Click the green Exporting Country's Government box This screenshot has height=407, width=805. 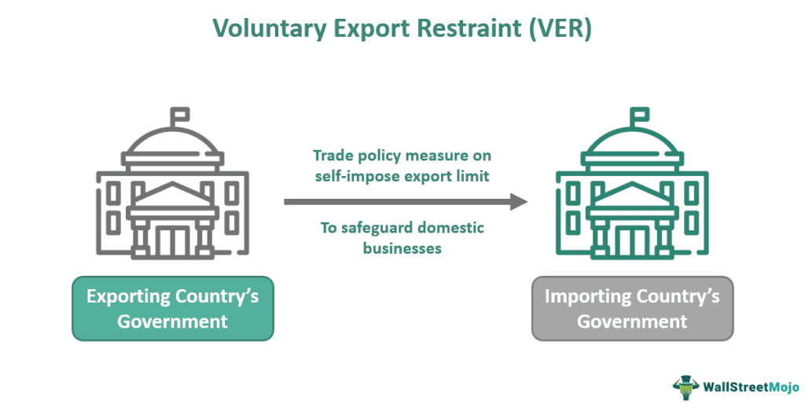(173, 308)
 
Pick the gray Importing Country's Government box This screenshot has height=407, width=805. (632, 308)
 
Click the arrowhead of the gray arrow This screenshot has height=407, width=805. (519, 202)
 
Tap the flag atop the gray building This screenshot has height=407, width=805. (180, 115)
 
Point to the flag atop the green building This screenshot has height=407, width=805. (640, 115)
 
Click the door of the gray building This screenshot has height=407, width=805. (173, 236)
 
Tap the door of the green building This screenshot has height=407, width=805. (633, 236)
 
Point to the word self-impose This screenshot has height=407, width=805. (353, 176)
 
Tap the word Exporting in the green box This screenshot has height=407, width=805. (127, 296)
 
